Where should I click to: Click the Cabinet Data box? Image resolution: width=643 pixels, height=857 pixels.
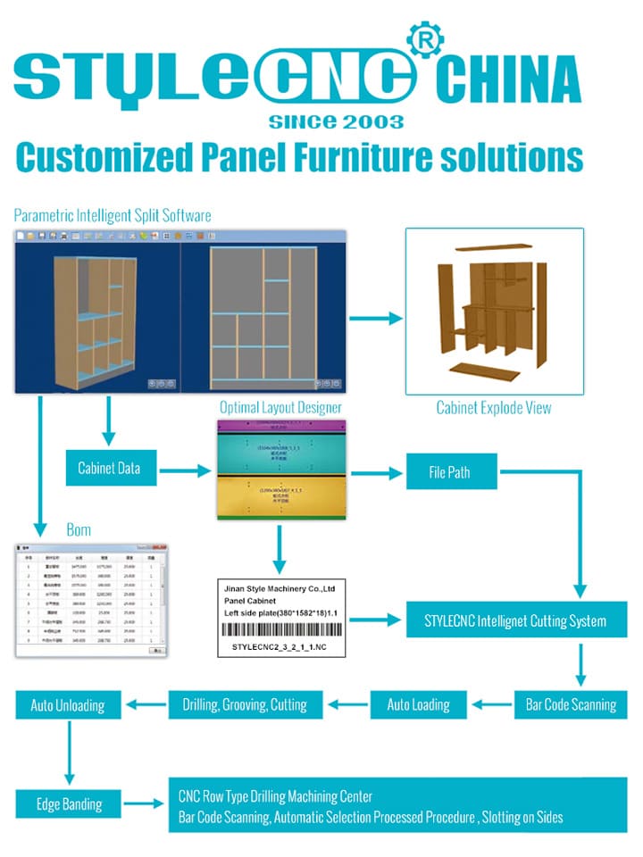[107, 468]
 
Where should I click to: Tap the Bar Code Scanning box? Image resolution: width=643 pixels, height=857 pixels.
[569, 704]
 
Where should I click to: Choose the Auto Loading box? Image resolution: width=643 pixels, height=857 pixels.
[417, 704]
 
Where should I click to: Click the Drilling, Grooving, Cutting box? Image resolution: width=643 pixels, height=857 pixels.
[244, 704]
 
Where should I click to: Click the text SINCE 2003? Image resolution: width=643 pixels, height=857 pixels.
[336, 121]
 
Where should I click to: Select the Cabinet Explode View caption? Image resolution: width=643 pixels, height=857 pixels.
[493, 408]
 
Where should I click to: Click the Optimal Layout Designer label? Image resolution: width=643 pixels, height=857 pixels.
[280, 408]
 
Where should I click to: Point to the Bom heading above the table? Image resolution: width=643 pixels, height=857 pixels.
[79, 530]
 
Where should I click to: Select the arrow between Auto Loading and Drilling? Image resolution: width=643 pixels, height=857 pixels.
[347, 704]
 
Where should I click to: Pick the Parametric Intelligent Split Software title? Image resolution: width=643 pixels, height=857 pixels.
[113, 214]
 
